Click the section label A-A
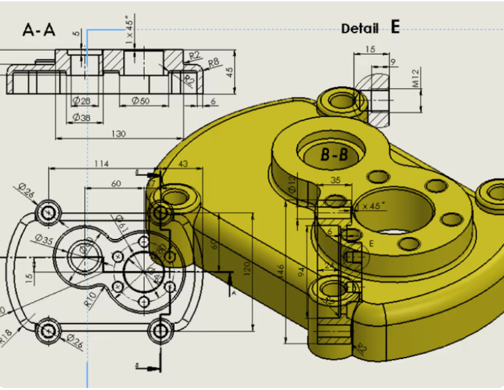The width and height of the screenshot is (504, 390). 39,30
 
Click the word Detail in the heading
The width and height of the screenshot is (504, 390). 359,28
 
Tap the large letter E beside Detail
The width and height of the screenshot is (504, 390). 395,27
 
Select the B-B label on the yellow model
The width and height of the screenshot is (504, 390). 334,155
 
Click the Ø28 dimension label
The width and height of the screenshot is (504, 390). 81,101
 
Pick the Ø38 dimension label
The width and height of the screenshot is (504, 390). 81,117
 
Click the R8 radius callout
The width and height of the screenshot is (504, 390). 214,63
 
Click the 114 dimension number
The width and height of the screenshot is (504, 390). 101,164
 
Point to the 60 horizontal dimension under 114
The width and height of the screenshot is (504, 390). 116,183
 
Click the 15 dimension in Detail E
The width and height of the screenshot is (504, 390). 370,49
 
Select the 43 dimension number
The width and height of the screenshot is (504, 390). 183,164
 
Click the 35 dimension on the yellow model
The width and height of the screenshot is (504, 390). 335,180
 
